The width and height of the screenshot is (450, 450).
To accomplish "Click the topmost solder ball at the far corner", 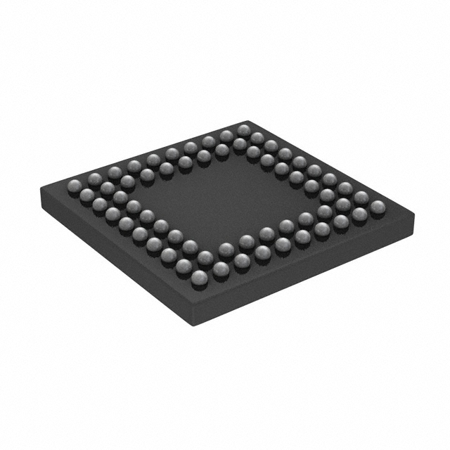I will pyautogui.click(x=244, y=130).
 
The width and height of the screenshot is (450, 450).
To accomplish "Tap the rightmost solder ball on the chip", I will pyautogui.click(x=378, y=207).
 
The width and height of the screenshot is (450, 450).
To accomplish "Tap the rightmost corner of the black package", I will pyautogui.click(x=412, y=211).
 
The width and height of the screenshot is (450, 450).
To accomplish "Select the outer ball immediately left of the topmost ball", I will pyautogui.click(x=226, y=135).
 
